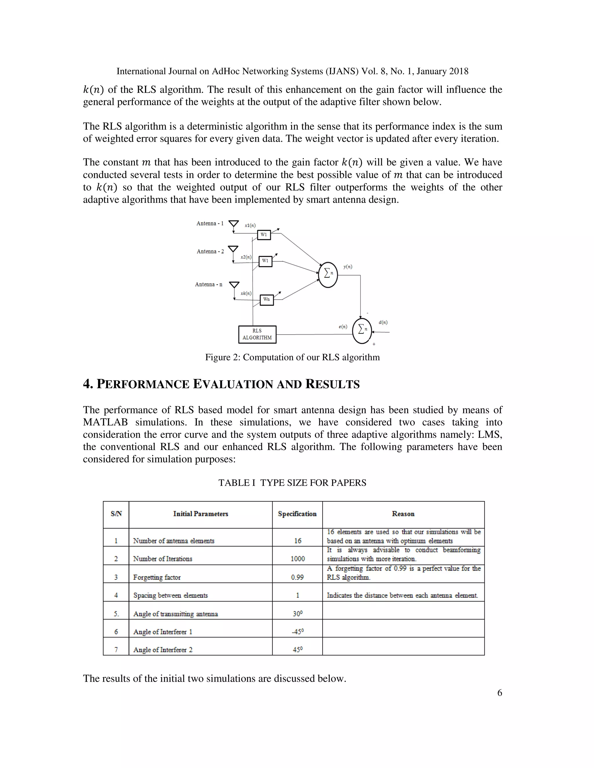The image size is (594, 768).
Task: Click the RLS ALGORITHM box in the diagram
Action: pyautogui.click(x=257, y=334)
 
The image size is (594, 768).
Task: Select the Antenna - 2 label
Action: pyautogui.click(x=210, y=252)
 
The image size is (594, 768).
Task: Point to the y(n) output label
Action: pyautogui.click(x=348, y=267)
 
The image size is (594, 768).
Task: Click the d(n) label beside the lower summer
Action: pyautogui.click(x=383, y=322)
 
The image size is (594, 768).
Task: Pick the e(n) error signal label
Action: pyautogui.click(x=343, y=327)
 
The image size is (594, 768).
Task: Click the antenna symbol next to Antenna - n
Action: pyautogui.click(x=234, y=285)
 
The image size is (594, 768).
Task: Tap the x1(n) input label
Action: pyautogui.click(x=250, y=225)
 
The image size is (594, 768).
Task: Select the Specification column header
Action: pyautogui.click(x=297, y=514)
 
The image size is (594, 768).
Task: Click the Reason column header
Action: pyautogui.click(x=403, y=514)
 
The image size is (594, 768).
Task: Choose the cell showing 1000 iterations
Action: pyautogui.click(x=298, y=559)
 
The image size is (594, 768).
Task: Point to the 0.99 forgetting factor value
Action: pyautogui.click(x=297, y=577)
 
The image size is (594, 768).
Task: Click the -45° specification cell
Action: pyautogui.click(x=297, y=631)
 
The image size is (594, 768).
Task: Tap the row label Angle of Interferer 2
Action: pyautogui.click(x=163, y=649)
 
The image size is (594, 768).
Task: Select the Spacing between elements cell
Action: pyautogui.click(x=170, y=595)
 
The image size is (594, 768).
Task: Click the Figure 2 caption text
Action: pyautogui.click(x=292, y=357)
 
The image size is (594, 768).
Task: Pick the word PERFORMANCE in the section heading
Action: pyautogui.click(x=142, y=384)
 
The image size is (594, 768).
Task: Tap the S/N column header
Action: pyautogui.click(x=116, y=514)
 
